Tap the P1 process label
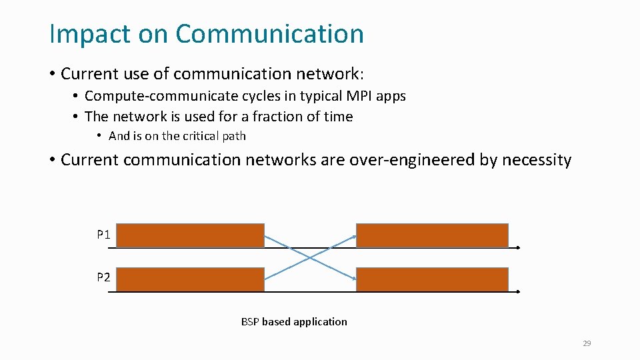coord(103,235)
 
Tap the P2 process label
coord(103,277)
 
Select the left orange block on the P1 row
coord(192,235)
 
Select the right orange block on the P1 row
coord(432,235)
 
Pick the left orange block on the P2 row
coord(192,279)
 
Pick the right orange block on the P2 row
coord(432,279)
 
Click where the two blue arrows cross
coord(310,257)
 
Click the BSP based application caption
coord(294,321)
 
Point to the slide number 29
coord(587,343)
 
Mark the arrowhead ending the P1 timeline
coord(517,247)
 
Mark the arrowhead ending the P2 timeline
coord(517,291)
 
